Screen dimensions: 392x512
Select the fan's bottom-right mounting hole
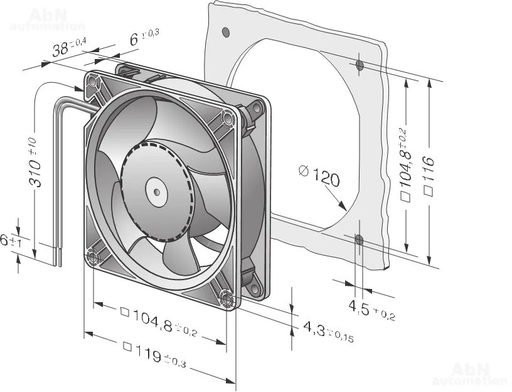coord(226,299)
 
